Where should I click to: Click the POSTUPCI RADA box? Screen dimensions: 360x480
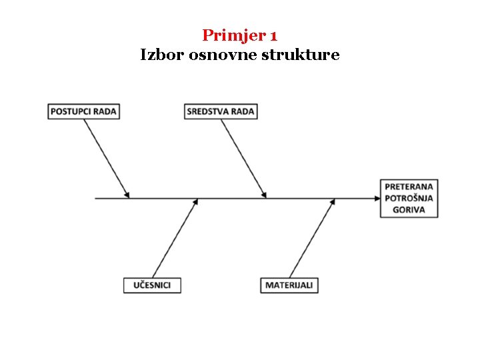point(84,111)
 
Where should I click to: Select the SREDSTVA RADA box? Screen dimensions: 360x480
point(221,111)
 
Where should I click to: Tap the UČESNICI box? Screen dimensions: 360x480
point(152,285)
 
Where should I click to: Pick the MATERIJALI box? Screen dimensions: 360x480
point(289,285)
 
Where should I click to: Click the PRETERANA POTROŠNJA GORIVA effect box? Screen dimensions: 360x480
point(409,198)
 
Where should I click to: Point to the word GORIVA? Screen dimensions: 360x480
point(409,209)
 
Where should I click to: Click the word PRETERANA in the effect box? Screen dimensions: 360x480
point(409,187)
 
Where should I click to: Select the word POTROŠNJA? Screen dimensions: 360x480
point(409,198)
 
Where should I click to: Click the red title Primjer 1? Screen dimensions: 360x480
point(239,35)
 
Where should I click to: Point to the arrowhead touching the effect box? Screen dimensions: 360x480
point(375,198)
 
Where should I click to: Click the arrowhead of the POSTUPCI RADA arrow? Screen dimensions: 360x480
point(127,195)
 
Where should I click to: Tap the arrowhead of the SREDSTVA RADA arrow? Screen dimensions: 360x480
point(264,195)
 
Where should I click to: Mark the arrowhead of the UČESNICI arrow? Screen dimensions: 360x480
point(196,201)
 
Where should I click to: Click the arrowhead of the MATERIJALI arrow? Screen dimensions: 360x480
point(333,201)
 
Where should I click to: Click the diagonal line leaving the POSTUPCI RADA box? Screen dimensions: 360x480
point(107,157)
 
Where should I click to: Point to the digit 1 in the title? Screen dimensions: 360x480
point(273,35)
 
